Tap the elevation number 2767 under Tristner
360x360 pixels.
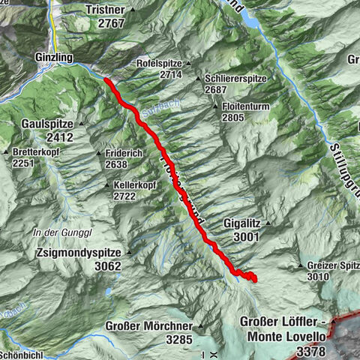tap(109, 23)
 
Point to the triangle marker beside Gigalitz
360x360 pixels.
tap(266, 223)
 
